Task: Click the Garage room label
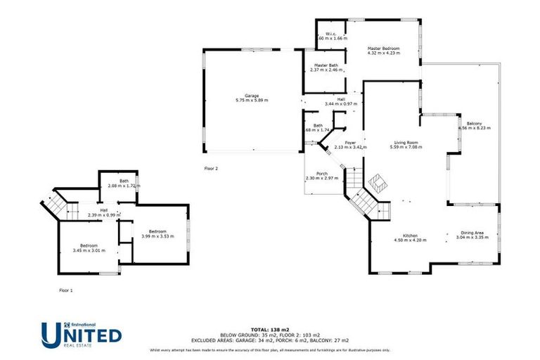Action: coord(252,95)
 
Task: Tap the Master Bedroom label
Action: coord(384,49)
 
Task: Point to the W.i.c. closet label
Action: coord(328,34)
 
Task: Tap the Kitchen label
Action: coord(410,235)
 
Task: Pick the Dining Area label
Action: coord(472,233)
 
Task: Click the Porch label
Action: coord(321,174)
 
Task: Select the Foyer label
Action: coord(349,143)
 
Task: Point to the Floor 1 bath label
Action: coord(124,181)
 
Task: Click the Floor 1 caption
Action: coord(65,290)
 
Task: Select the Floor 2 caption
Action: coord(211,169)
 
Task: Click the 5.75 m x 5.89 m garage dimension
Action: coord(252,101)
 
